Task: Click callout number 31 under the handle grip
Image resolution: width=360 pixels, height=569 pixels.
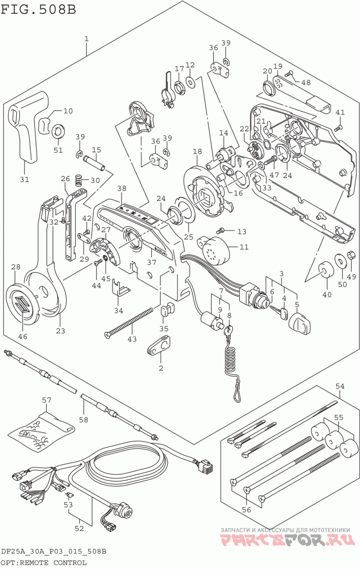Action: [25, 180]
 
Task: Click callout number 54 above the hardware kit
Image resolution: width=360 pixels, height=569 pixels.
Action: [340, 386]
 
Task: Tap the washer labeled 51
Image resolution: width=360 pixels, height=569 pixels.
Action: [58, 131]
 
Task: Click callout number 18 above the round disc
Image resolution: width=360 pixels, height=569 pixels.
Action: [197, 151]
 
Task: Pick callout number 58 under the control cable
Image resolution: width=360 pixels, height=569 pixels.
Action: [84, 420]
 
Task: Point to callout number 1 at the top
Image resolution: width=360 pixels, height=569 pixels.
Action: [86, 39]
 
